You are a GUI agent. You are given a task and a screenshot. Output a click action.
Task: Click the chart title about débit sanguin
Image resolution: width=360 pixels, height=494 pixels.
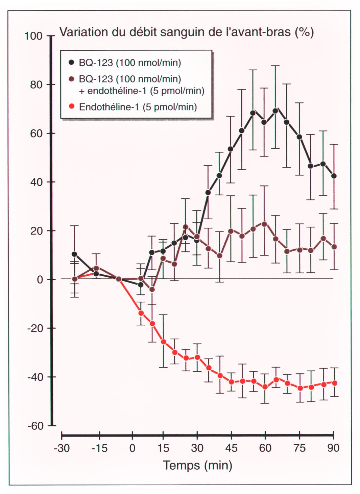click(187, 32)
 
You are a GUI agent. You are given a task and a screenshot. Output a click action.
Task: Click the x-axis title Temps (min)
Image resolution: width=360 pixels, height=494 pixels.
click(197, 465)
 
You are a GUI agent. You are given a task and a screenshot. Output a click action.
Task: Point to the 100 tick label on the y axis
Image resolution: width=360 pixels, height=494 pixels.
click(33, 36)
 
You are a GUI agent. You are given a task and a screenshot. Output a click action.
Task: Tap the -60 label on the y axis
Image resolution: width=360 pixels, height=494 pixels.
click(35, 426)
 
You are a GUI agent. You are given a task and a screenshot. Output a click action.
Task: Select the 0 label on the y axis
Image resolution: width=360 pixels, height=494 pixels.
click(40, 279)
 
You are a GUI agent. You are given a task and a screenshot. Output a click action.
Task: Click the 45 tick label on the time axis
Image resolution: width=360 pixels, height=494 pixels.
click(231, 448)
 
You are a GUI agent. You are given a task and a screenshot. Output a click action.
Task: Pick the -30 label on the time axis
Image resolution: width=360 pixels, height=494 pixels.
click(62, 448)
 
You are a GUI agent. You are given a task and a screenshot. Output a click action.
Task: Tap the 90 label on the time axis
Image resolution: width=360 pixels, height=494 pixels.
click(333, 448)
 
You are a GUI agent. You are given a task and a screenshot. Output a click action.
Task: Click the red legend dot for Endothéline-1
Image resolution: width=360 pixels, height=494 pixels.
click(71, 106)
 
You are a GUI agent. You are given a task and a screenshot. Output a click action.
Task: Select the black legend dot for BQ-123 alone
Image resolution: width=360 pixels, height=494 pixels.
click(71, 62)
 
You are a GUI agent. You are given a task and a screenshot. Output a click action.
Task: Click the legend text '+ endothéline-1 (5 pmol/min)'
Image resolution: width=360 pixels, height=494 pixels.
click(142, 91)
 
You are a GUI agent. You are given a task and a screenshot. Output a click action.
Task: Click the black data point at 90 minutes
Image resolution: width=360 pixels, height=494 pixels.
click(334, 176)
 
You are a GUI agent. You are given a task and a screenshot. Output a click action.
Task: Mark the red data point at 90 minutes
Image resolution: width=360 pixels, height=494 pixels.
click(335, 383)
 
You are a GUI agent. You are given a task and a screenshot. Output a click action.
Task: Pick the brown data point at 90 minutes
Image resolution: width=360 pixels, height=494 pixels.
click(334, 247)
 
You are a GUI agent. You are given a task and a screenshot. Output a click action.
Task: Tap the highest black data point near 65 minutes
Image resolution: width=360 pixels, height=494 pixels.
click(275, 110)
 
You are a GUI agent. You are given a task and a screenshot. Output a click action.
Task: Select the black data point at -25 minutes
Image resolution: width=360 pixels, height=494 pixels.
click(74, 254)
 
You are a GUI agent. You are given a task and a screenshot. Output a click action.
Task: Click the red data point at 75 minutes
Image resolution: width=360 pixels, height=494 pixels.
click(300, 388)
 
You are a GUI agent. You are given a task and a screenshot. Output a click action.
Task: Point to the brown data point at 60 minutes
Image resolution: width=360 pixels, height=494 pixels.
click(264, 224)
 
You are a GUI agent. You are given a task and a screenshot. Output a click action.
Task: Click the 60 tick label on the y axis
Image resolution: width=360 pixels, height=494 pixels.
click(36, 133)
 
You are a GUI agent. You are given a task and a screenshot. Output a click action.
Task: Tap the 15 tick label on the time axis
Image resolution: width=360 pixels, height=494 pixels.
click(163, 448)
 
